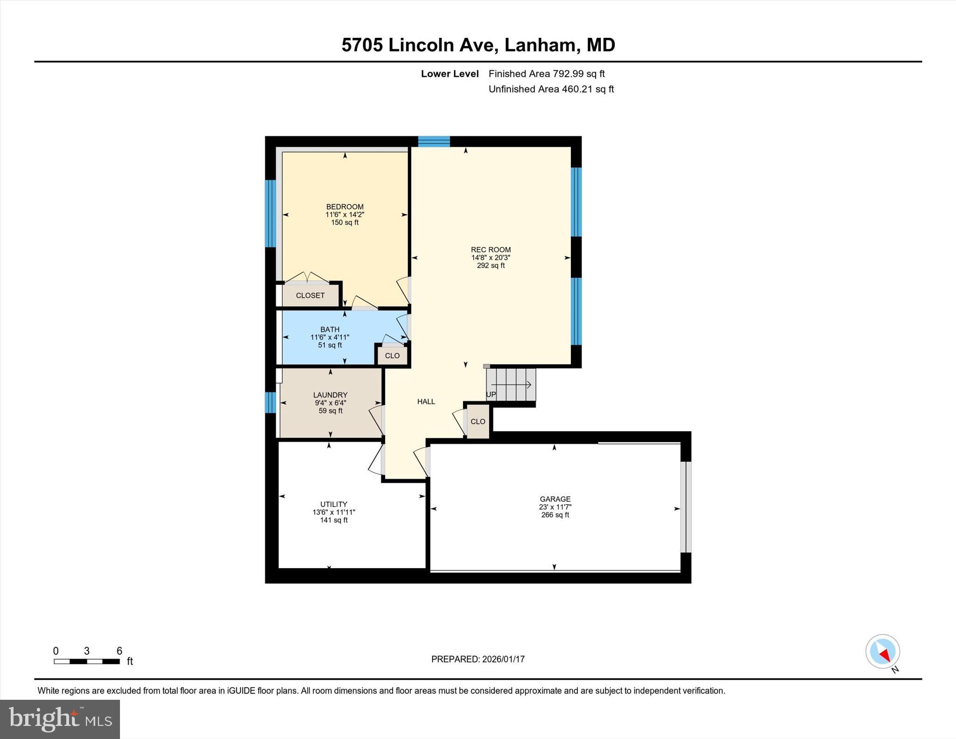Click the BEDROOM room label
[344, 207]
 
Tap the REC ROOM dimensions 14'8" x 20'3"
[491, 258]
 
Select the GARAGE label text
[555, 499]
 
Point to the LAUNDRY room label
[330, 395]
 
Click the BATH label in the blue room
[330, 330]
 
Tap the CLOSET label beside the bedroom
[310, 296]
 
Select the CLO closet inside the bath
[392, 356]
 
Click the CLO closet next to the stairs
[478, 422]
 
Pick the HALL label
[426, 401]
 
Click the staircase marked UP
[512, 385]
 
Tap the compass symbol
[882, 652]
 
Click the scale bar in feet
[87, 661]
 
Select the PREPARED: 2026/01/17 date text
[478, 659]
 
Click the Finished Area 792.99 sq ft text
[546, 74]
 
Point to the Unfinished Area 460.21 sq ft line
[551, 89]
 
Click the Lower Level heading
[450, 74]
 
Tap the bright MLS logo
[60, 719]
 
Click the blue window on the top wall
[434, 141]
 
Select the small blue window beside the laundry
[270, 402]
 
